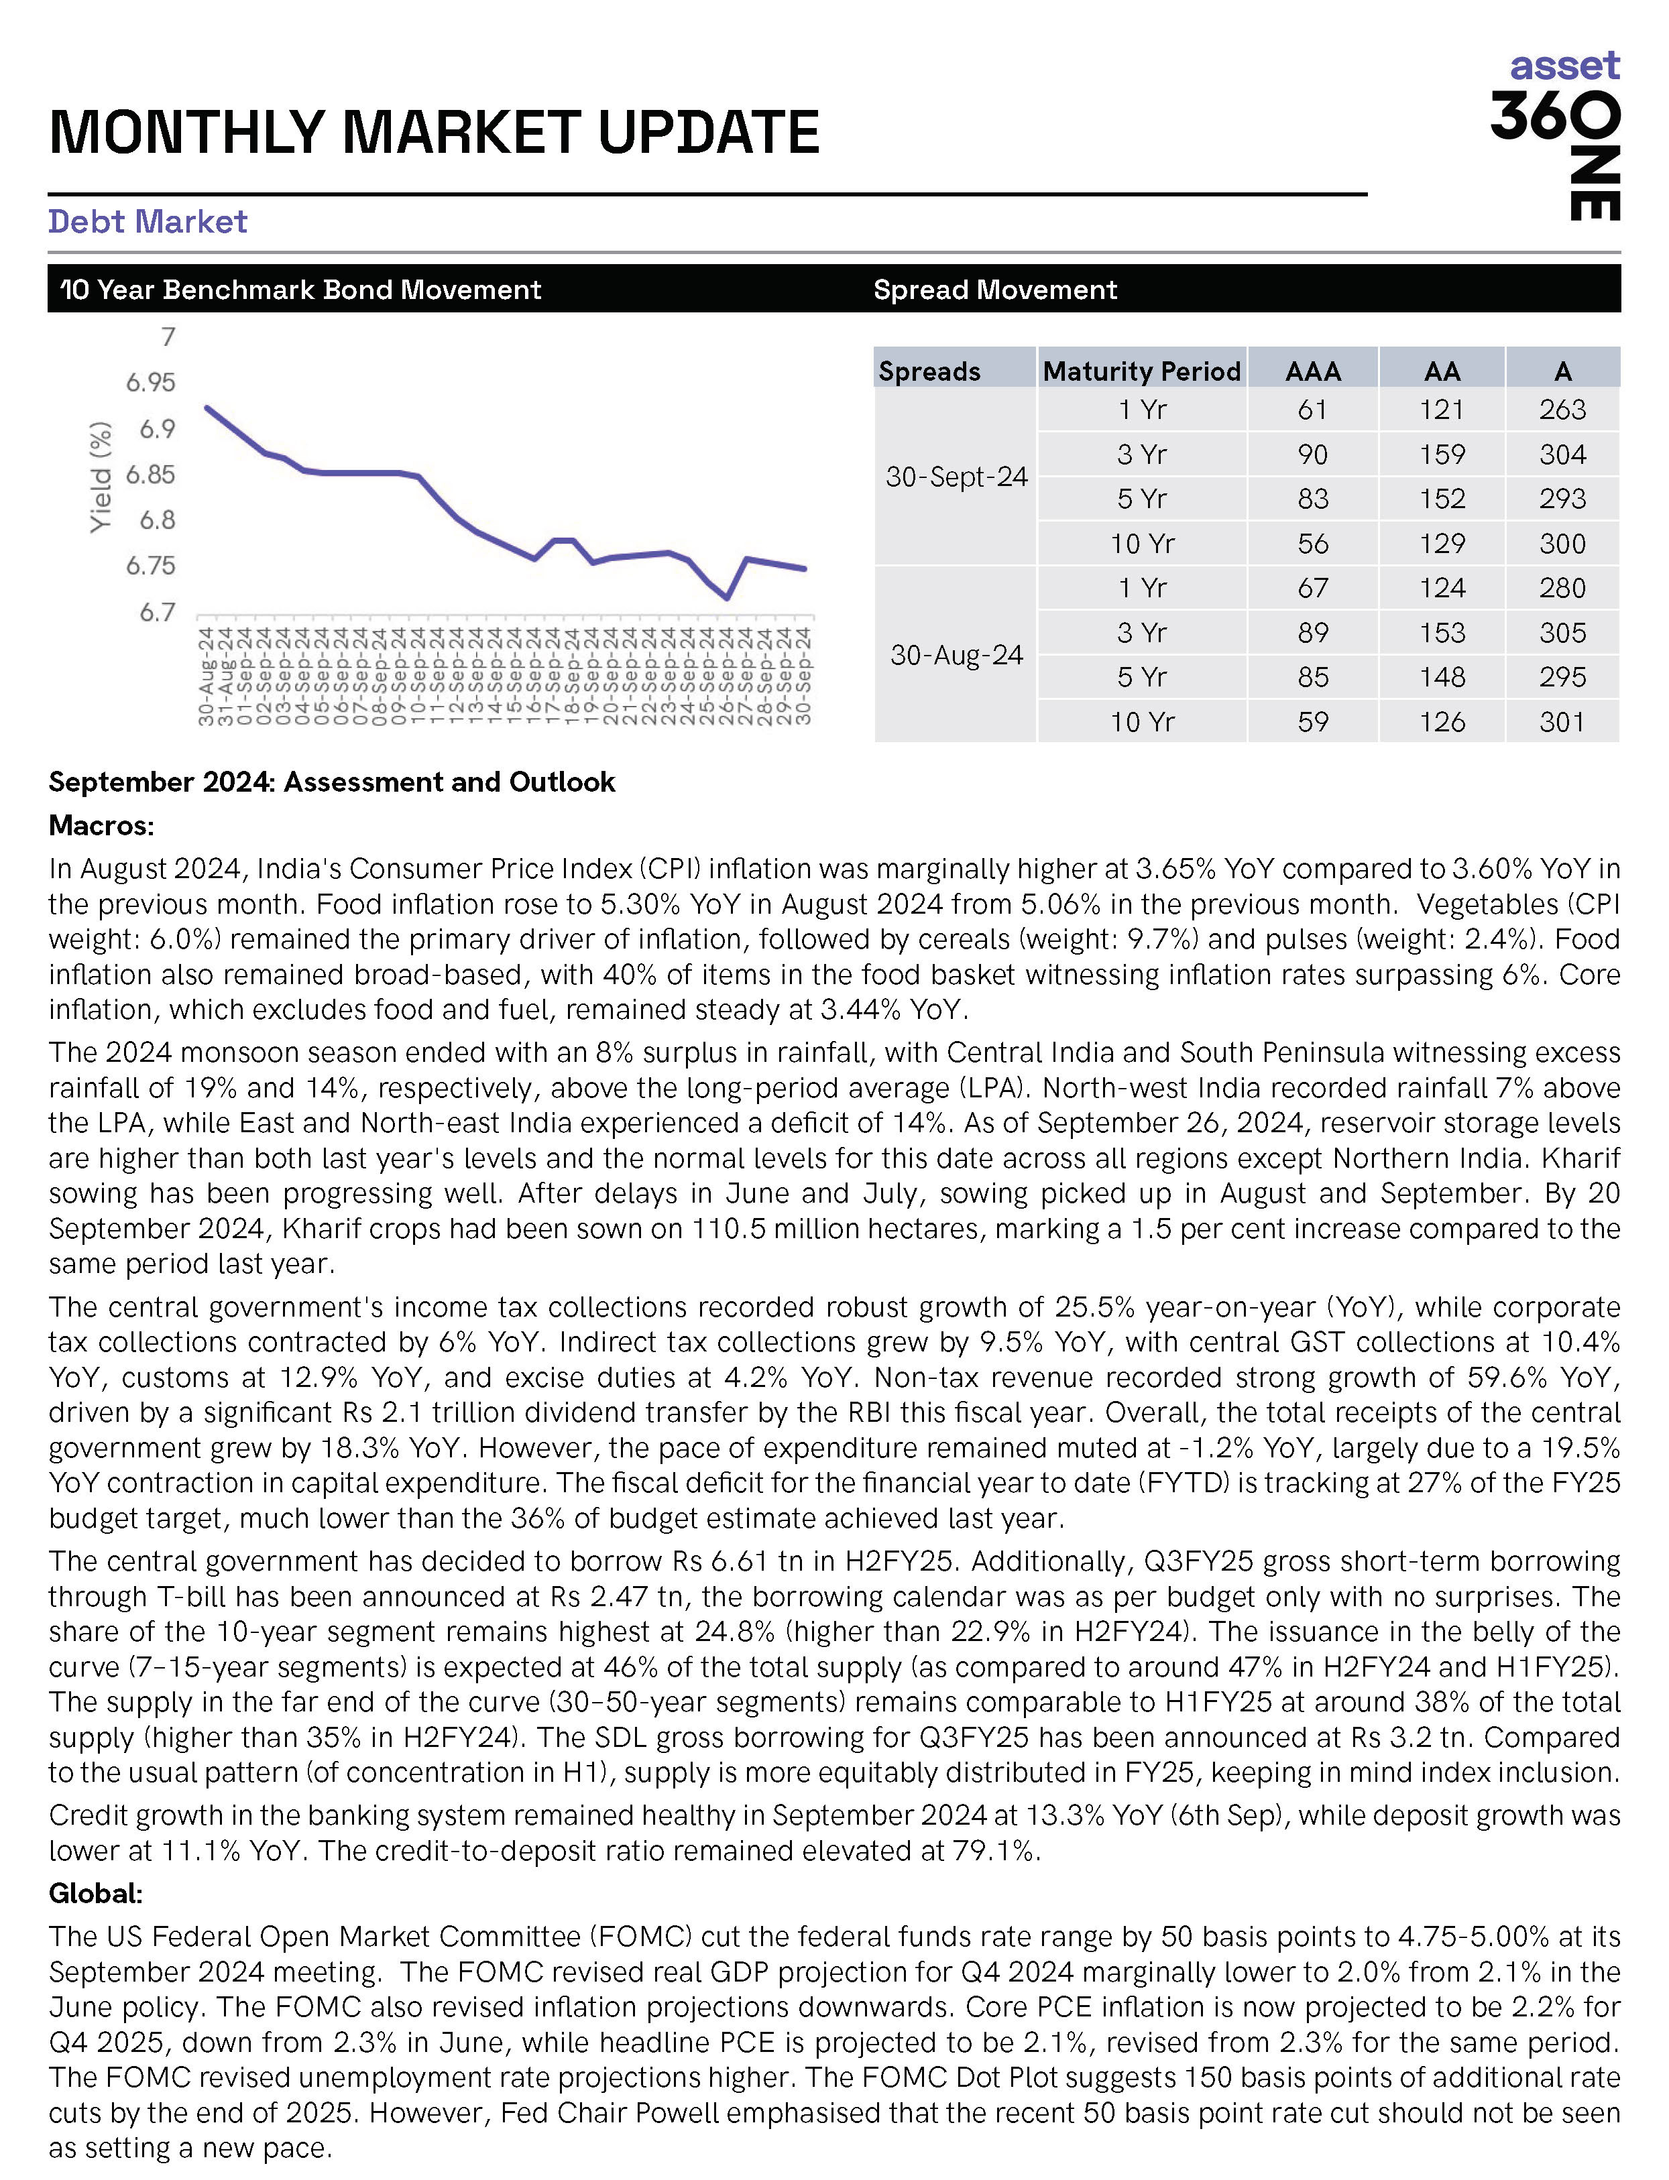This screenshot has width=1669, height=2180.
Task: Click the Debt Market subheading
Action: tap(147, 221)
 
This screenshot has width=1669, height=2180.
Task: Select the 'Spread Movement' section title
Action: tap(994, 290)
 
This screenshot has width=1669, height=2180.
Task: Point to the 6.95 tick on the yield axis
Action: tap(150, 382)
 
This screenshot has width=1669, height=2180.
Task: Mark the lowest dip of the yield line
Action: tap(727, 598)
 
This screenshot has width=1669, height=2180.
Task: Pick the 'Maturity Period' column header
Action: tap(1141, 371)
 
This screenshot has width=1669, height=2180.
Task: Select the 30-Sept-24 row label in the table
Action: tap(956, 477)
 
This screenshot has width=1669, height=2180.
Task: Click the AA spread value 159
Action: tap(1442, 455)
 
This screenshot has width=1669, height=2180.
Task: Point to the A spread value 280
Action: tap(1562, 588)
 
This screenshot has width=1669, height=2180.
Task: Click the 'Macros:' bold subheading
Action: tap(101, 825)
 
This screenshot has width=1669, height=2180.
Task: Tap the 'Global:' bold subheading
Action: tap(95, 1893)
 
